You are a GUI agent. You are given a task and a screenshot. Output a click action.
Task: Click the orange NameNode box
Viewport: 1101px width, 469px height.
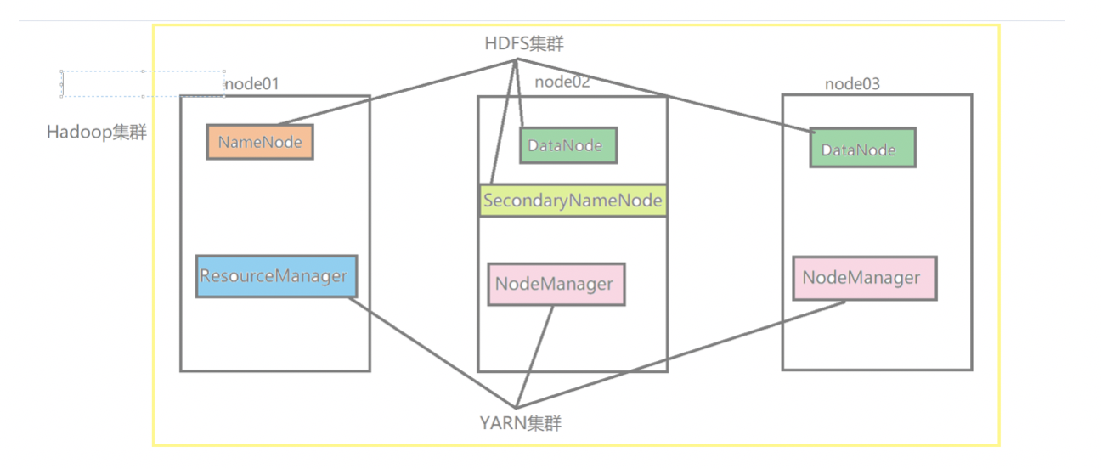click(x=260, y=142)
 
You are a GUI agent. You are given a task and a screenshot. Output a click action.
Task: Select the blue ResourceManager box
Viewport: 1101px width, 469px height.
click(x=275, y=276)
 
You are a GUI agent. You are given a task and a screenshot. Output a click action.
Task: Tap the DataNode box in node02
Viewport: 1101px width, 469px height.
click(x=568, y=145)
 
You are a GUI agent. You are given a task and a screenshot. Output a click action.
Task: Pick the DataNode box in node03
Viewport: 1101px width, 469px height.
click(x=862, y=149)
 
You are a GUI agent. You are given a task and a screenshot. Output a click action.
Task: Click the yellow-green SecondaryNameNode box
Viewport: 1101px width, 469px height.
click(x=573, y=201)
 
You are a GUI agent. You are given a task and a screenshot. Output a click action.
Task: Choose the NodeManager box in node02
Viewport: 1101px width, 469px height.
click(x=556, y=284)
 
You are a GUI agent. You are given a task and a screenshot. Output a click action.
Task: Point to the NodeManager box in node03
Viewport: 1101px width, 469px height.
click(x=865, y=278)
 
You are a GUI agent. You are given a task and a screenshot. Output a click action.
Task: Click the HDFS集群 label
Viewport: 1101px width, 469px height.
click(x=519, y=44)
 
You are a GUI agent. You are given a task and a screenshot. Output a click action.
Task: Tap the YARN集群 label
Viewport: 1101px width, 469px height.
click(x=520, y=422)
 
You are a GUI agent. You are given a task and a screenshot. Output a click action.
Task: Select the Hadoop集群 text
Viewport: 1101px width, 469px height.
click(x=97, y=133)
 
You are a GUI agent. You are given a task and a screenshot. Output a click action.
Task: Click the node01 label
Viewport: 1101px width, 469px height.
click(x=251, y=84)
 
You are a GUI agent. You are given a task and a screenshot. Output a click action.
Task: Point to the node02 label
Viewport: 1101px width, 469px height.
click(x=562, y=82)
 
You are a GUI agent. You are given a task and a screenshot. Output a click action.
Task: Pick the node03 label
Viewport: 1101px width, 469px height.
click(x=852, y=84)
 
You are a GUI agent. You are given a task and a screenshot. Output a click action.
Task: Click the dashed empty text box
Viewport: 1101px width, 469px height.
click(x=143, y=83)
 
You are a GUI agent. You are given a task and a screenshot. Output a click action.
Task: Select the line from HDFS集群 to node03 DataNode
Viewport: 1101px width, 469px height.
click(x=663, y=95)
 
